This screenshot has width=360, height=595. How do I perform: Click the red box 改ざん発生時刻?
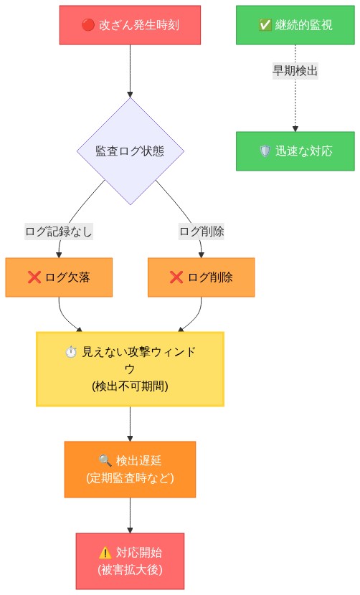click(x=130, y=25)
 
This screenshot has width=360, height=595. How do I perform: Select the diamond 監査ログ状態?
click(x=130, y=151)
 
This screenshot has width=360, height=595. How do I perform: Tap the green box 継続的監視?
click(x=295, y=25)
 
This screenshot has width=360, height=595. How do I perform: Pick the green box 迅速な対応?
click(x=295, y=151)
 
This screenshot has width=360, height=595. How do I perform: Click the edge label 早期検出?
click(x=295, y=71)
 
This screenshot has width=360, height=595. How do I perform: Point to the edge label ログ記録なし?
click(x=59, y=232)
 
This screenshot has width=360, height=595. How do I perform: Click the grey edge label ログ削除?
click(x=202, y=232)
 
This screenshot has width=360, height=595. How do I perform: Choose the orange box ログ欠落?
click(x=59, y=277)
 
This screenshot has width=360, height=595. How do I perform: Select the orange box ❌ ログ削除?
click(x=202, y=277)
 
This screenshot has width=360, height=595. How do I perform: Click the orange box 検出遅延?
click(x=130, y=469)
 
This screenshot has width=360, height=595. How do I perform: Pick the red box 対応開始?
click(x=130, y=561)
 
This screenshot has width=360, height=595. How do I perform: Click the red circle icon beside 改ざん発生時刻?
click(x=88, y=25)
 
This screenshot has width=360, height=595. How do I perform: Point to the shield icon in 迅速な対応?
click(x=265, y=151)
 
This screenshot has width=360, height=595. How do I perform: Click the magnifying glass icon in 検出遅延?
click(x=105, y=460)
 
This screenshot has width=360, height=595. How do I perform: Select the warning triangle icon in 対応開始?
click(x=105, y=552)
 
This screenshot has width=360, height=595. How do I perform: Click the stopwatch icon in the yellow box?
click(x=70, y=352)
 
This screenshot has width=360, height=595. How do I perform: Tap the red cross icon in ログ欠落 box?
click(x=34, y=277)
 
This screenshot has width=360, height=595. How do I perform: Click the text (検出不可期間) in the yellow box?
click(x=130, y=386)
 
